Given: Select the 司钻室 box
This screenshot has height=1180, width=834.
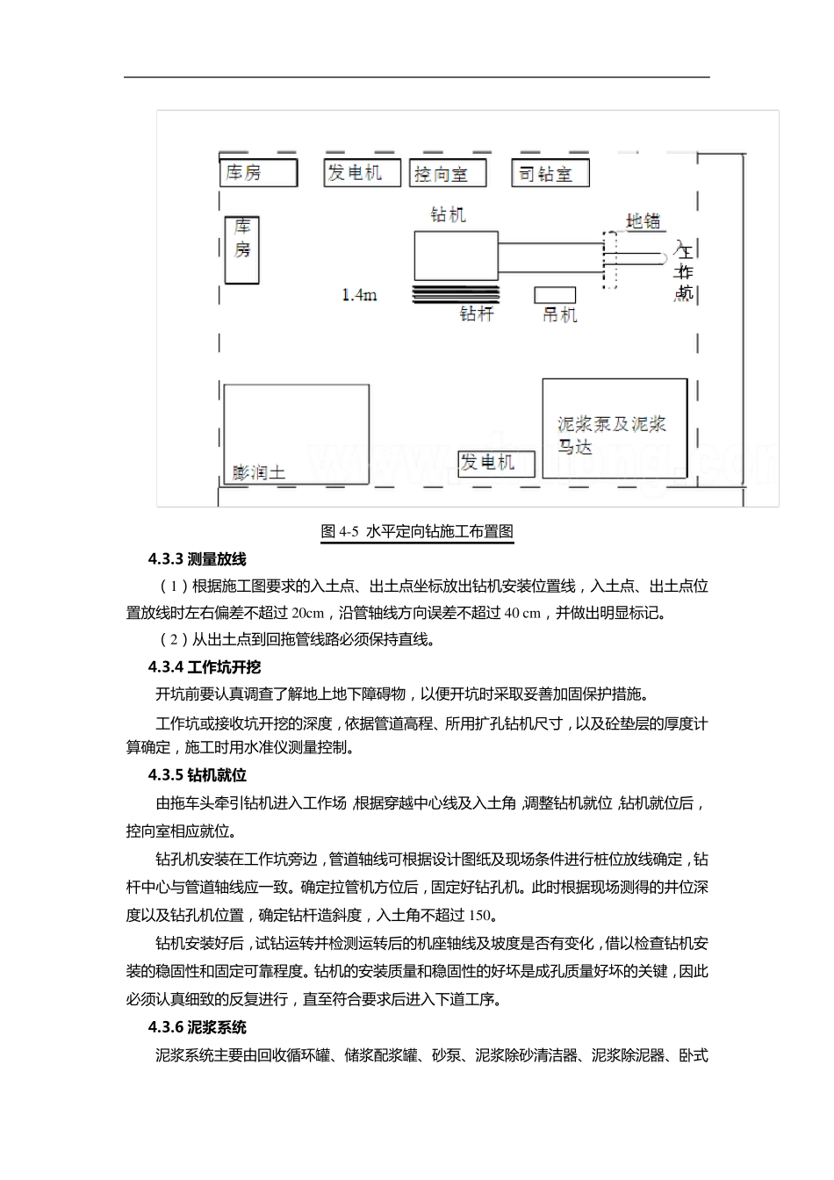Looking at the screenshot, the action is (x=550, y=173).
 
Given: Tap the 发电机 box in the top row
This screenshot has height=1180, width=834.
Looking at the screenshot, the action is (x=363, y=172).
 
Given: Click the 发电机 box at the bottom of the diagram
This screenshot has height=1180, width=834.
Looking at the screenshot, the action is (x=495, y=463).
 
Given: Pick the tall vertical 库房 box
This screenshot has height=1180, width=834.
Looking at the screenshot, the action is (x=242, y=249).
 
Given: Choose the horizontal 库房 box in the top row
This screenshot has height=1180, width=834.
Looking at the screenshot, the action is (x=258, y=172).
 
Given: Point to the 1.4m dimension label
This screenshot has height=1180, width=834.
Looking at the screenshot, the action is (x=360, y=295).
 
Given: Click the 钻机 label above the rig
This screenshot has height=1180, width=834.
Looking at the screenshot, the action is (x=448, y=215).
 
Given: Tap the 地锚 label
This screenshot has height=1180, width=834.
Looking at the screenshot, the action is (x=643, y=220).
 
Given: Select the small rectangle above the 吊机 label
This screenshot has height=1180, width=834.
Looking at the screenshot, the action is (x=555, y=295).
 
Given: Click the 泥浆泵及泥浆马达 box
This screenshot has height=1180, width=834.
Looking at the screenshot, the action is (x=614, y=428).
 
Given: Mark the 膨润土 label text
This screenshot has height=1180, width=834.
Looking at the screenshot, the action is (x=259, y=473).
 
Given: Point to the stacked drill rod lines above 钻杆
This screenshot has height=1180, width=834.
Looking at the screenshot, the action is (x=456, y=294).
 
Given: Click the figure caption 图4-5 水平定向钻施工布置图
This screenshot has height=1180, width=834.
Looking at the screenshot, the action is (x=417, y=531).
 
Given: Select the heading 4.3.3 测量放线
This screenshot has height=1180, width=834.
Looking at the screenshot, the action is (x=198, y=559).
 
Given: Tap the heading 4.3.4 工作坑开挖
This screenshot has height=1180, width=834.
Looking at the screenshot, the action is (x=205, y=667).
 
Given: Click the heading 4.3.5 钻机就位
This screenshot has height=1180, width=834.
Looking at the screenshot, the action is (x=198, y=775).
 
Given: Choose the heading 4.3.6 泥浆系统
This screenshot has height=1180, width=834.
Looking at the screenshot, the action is (x=198, y=1027).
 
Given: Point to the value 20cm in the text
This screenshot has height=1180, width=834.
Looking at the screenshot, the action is (x=307, y=613).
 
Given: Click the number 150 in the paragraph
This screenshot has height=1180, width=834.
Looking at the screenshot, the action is (x=480, y=916).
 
